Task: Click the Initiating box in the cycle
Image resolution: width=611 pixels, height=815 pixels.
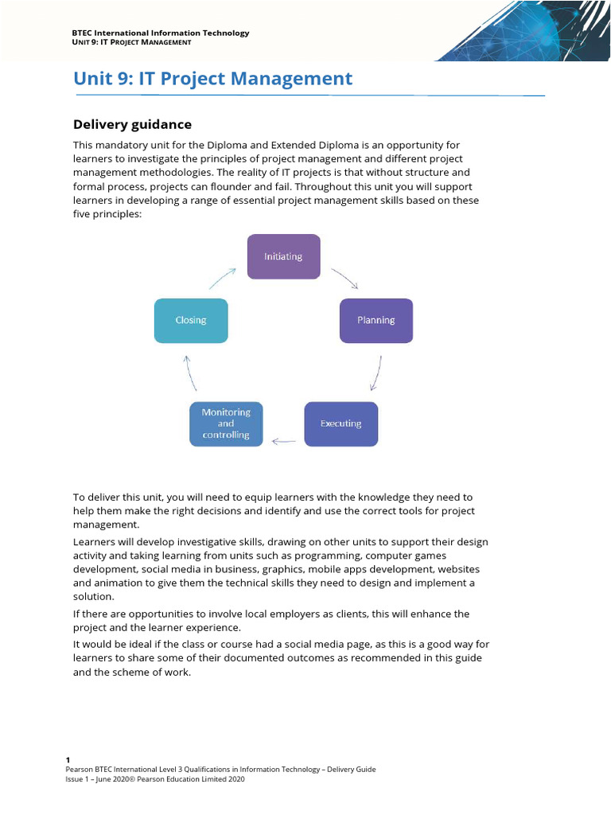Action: pos(283,256)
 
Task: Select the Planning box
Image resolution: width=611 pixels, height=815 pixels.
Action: pos(376,320)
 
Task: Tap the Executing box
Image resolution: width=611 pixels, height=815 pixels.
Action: pos(341,423)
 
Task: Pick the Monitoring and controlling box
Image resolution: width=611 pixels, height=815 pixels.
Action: pos(226,423)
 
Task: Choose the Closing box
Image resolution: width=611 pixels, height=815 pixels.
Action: pos(191,320)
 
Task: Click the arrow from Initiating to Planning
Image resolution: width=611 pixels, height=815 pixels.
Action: pos(344,278)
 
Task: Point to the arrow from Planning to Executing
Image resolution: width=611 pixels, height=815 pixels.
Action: pos(376,372)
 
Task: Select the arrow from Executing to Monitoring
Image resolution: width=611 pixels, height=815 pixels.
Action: pos(283,440)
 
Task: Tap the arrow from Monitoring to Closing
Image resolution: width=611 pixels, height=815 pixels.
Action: pos(190,372)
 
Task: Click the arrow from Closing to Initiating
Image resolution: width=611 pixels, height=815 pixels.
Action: pos(223,277)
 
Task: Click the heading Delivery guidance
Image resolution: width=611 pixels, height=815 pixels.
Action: pos(132,124)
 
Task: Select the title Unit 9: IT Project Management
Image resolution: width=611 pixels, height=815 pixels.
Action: pos(212,79)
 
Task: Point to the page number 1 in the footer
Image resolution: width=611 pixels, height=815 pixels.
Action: pos(68,760)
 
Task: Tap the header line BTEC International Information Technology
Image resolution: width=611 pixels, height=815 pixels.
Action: pos(160,33)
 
